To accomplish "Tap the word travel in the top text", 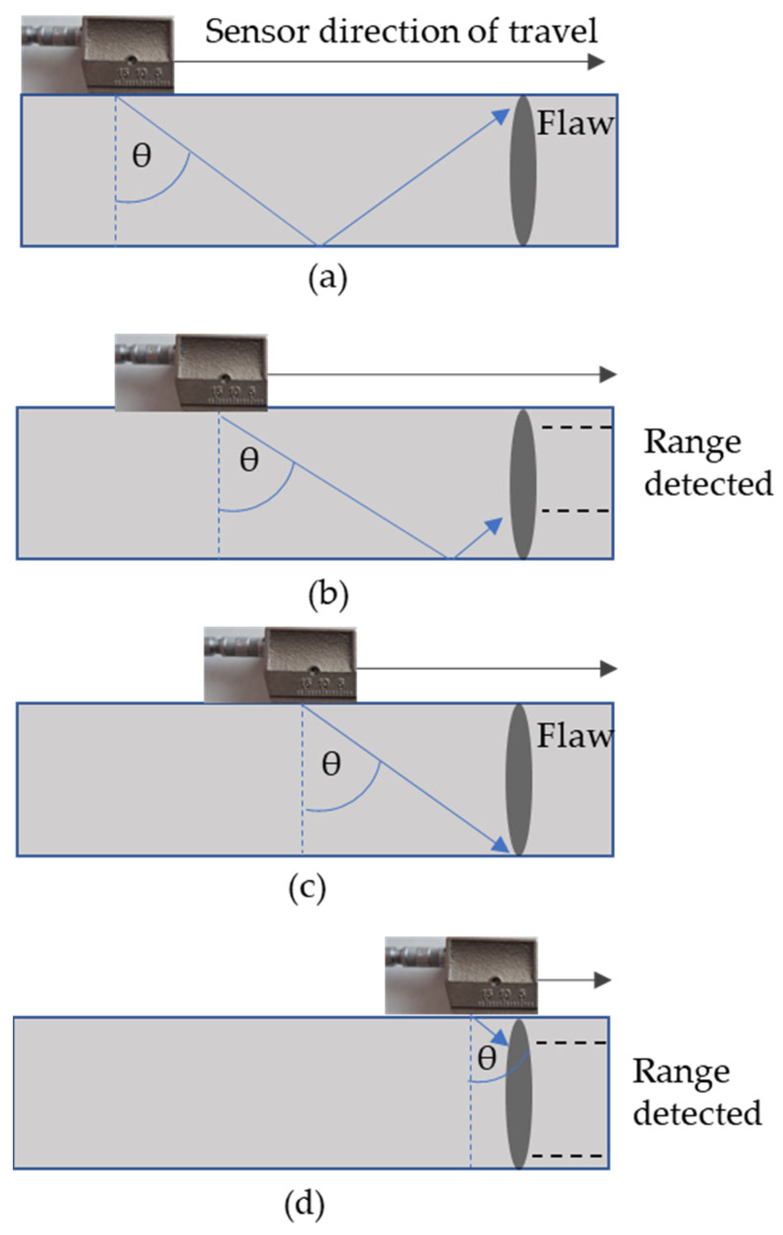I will click(x=553, y=31).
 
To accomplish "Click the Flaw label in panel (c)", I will click(x=574, y=736).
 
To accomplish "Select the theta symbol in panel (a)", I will click(x=142, y=155).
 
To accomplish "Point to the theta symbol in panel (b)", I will click(x=249, y=459).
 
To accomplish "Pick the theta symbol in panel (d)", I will click(x=487, y=1058).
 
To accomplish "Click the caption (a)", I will click(x=328, y=279).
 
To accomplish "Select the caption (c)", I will click(x=308, y=888).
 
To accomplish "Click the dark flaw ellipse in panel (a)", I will click(x=523, y=171).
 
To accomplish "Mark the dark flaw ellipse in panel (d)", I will click(x=518, y=1093).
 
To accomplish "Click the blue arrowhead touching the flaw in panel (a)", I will click(x=501, y=116).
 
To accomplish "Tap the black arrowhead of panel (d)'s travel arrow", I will click(x=603, y=980).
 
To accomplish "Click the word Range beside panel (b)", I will click(x=692, y=443).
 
